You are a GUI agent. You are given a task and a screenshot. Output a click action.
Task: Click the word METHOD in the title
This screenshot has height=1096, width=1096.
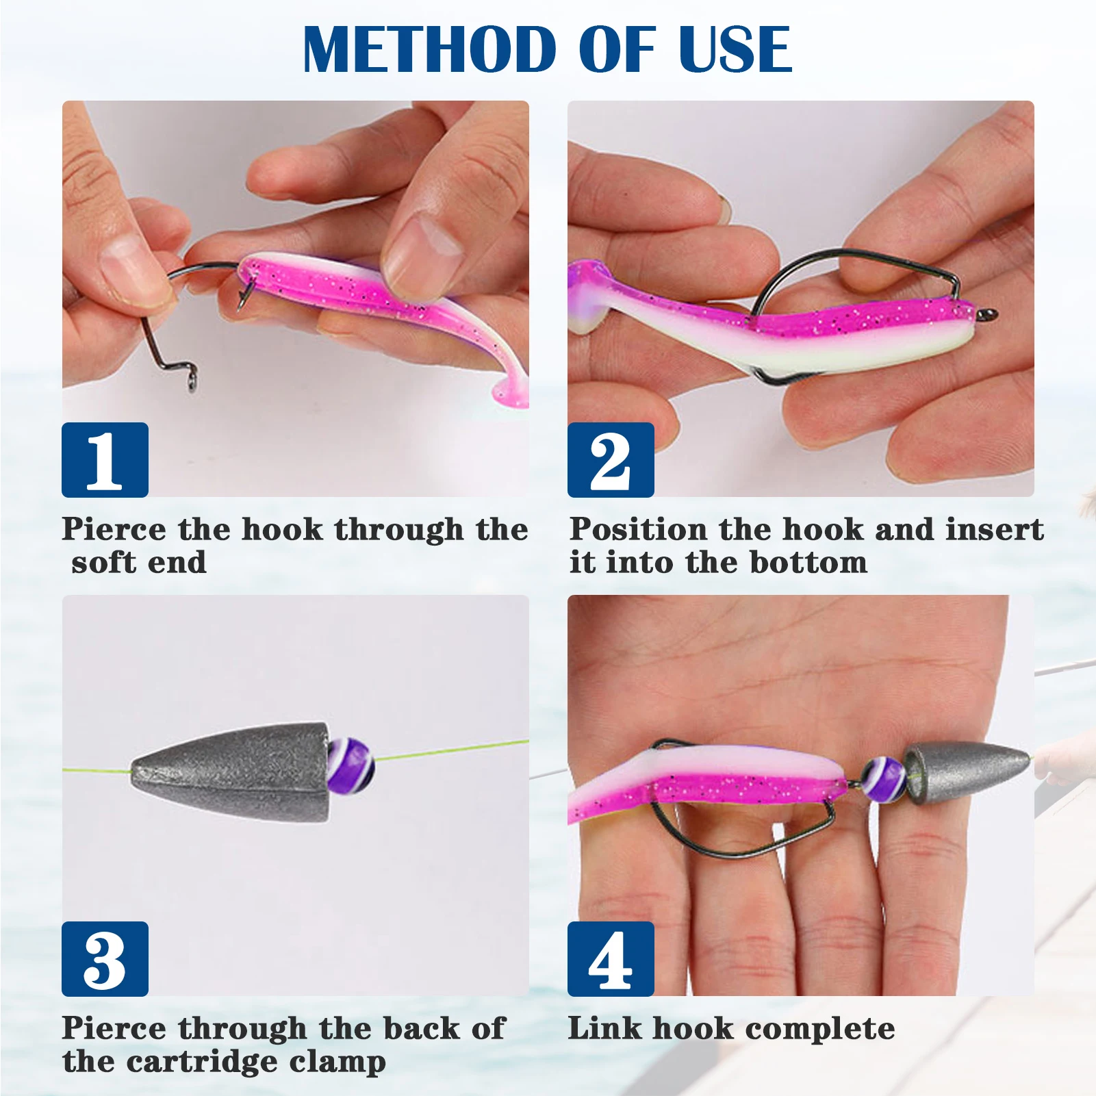pos(429,49)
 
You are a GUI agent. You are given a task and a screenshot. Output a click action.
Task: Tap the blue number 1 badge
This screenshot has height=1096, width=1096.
pos(105,460)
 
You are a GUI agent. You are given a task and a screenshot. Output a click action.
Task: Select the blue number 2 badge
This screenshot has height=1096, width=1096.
pos(611,460)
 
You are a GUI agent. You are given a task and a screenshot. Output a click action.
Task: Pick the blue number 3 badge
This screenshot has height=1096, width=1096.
pos(105,958)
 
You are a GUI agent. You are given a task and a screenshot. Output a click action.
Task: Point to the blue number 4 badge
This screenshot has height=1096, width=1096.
pos(611,958)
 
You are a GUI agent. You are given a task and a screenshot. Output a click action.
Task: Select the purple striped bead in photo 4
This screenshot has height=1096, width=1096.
pos(882,778)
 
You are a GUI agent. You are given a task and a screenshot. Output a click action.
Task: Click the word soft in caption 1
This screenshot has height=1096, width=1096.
pos(103,563)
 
